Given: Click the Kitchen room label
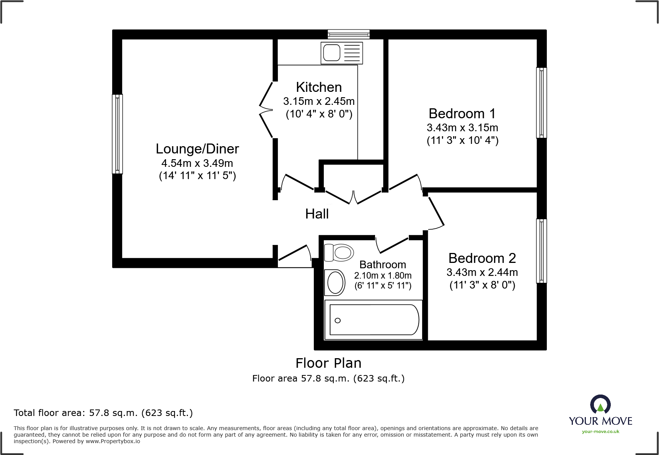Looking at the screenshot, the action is [x=319, y=87].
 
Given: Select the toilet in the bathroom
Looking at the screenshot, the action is [x=339, y=253].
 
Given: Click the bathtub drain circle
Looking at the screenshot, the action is [x=338, y=321].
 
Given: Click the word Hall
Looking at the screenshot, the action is [x=317, y=214].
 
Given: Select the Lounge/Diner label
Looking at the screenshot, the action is [x=197, y=149].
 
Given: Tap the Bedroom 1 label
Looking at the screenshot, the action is [x=462, y=114].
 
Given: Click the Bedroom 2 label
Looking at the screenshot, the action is [x=482, y=258].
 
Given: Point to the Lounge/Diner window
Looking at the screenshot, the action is [x=117, y=134].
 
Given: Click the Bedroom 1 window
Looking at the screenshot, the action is [x=542, y=103].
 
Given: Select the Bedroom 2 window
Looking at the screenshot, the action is [x=542, y=251].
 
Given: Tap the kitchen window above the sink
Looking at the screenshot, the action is [x=349, y=34].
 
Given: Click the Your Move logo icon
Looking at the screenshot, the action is [x=600, y=404].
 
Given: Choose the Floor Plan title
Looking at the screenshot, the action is [x=328, y=363].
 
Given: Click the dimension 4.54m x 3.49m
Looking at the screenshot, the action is [x=197, y=163].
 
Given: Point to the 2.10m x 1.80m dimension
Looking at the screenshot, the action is [x=383, y=276].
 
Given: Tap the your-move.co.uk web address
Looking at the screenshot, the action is [x=600, y=432].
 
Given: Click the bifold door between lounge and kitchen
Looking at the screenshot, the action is [x=266, y=110].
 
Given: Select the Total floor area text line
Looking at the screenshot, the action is [x=103, y=413].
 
